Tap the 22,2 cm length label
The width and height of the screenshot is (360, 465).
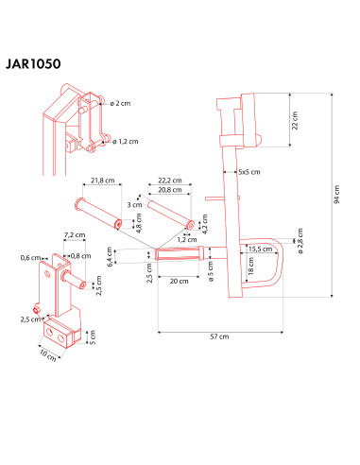pos(170,180)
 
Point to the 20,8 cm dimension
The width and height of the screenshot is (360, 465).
pos(170,190)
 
